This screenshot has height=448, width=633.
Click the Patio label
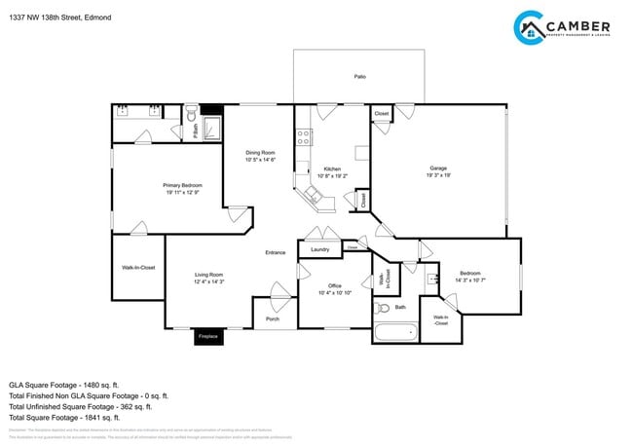[359, 75]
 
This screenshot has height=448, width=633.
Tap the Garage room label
[438, 168]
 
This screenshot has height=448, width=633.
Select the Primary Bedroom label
[182, 185]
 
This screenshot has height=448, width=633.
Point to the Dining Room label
[260, 152]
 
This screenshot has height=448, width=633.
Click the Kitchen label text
[333, 168]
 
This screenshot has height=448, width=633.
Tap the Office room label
[334, 286]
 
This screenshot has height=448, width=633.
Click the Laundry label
[319, 249]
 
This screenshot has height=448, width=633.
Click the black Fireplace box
[207, 336]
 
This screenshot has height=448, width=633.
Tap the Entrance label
[276, 252]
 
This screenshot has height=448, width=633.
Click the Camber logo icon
[529, 27]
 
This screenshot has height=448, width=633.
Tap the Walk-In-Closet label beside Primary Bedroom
[137, 267]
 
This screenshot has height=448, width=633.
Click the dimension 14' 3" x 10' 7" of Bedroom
[469, 280]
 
